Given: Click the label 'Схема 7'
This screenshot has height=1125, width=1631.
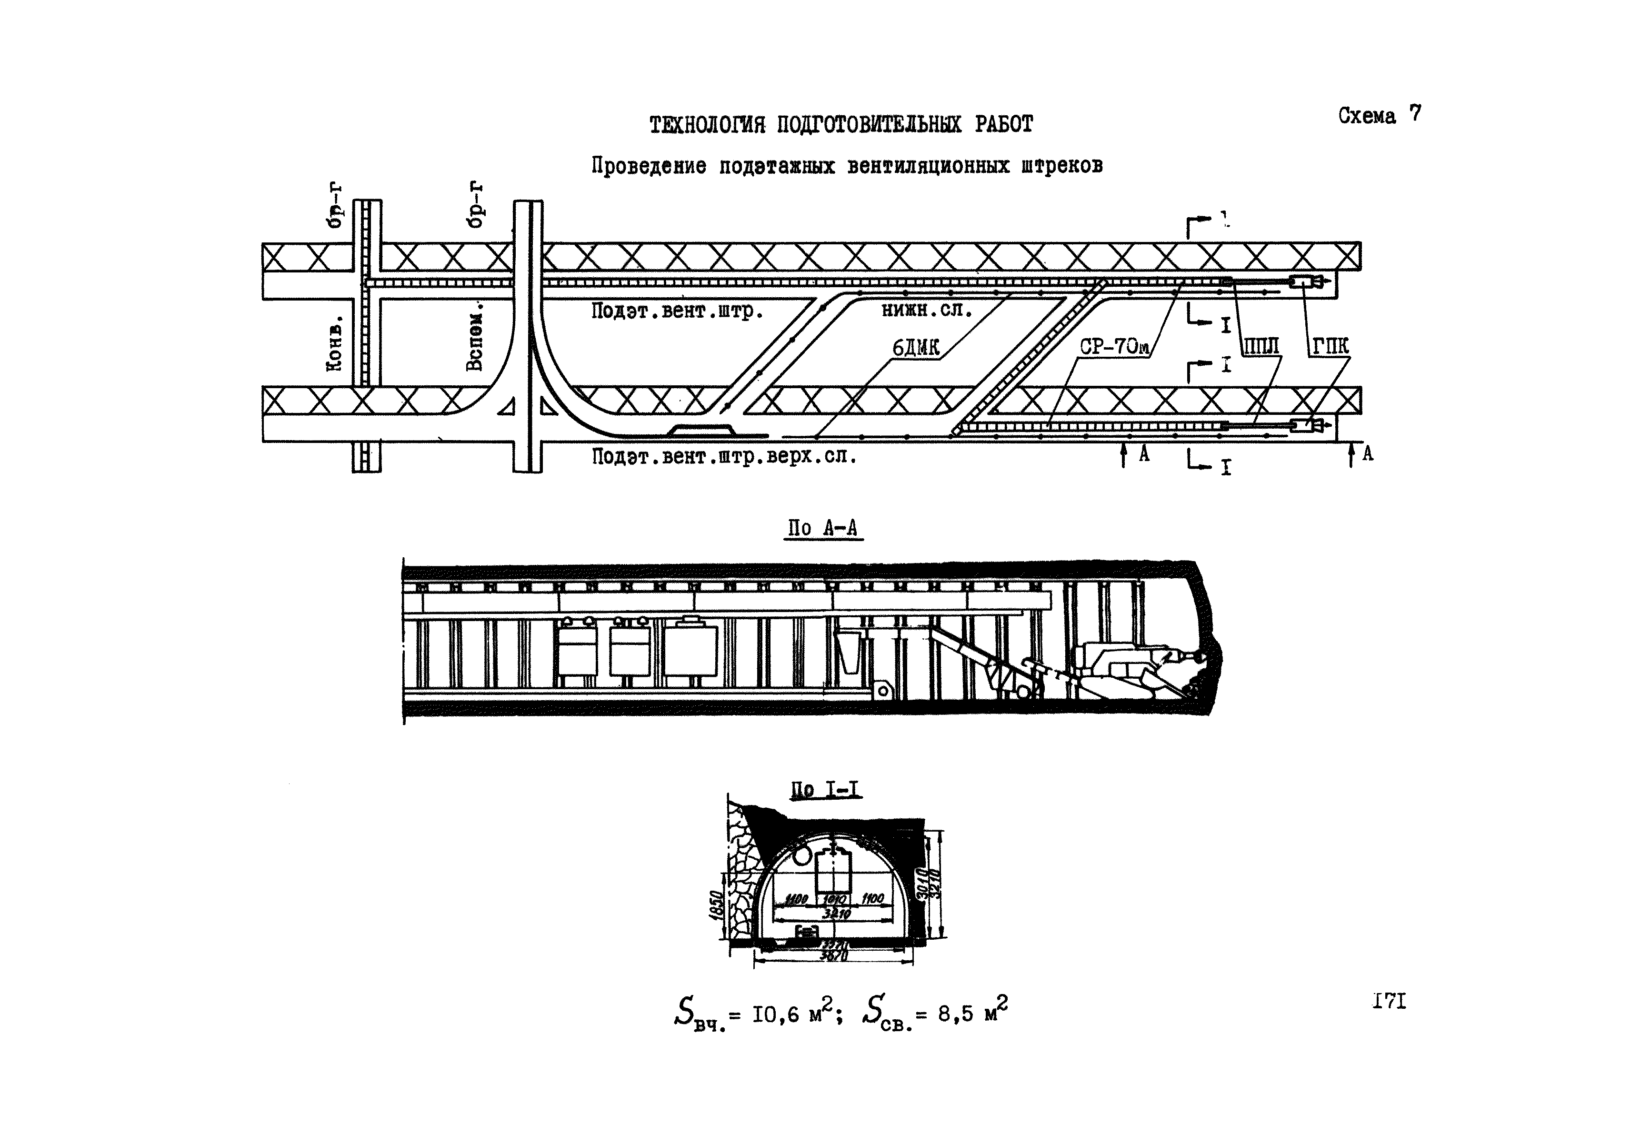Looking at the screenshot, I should click(1380, 115).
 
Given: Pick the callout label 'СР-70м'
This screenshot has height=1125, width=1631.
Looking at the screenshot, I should click(1114, 346).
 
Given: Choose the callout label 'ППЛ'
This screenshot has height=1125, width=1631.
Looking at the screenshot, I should click(1261, 346).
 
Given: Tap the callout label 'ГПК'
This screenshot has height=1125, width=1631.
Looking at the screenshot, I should click(1330, 346).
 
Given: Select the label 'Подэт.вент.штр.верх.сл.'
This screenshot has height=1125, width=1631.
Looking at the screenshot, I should click(724, 457).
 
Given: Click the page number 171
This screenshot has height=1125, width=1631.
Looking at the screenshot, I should click(1389, 1002).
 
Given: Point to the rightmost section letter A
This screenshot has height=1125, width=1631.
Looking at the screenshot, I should click(1367, 455).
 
